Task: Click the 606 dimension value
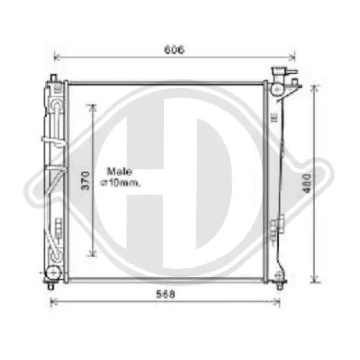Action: [x=174, y=50]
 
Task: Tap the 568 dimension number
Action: [x=166, y=294]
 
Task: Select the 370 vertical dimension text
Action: [x=85, y=181]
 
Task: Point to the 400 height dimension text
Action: [x=307, y=183]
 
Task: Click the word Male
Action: [x=119, y=172]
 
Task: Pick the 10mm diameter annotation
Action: [x=120, y=183]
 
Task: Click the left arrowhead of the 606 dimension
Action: [x=57, y=56]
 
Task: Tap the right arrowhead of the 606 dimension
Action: [x=292, y=56]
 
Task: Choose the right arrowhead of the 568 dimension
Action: [x=277, y=301]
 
